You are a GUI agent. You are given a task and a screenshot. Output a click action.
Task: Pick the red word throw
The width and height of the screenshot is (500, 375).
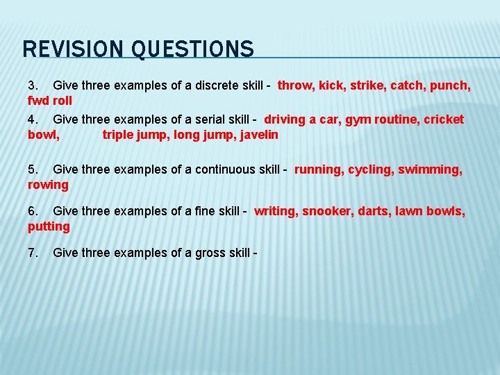(295, 86)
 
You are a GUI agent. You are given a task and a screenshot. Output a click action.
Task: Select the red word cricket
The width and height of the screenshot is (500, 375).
(445, 119)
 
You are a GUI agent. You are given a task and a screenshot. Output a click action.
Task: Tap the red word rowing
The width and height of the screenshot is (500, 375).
(48, 185)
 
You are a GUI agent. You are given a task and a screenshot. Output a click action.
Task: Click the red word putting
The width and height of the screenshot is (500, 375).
(49, 226)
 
